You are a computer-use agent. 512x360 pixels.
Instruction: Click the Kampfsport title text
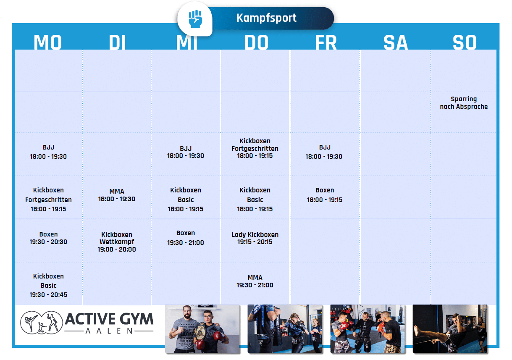coord(266,18)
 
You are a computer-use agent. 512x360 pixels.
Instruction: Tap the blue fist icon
coord(195,19)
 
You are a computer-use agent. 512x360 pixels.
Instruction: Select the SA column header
coord(395,42)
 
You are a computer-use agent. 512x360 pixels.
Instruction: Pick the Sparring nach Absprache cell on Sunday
coord(464,102)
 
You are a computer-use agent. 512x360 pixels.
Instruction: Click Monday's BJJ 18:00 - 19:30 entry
coord(48,152)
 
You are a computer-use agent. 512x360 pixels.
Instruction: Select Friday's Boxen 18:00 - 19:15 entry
coord(325,195)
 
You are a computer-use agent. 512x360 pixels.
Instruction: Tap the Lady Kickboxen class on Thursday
coord(255,238)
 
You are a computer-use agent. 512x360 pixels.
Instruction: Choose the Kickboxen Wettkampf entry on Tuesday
coord(117,242)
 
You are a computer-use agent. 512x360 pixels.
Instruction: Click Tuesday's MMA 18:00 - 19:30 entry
coord(117,195)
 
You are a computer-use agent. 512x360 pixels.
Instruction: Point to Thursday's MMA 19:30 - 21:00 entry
coord(255,281)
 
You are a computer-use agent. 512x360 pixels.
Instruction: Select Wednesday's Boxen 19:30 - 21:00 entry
coord(185,238)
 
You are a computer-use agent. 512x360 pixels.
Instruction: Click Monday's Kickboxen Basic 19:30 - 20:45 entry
coord(48,285)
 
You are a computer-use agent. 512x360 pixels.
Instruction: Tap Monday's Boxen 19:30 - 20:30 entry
coord(48,238)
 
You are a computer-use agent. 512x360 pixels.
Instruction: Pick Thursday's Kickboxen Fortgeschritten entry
coord(255,148)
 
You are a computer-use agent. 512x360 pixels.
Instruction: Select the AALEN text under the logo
coord(109,331)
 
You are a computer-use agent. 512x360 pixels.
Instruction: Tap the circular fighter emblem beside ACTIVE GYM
coord(41,322)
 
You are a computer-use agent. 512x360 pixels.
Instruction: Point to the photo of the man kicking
coord(450,328)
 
